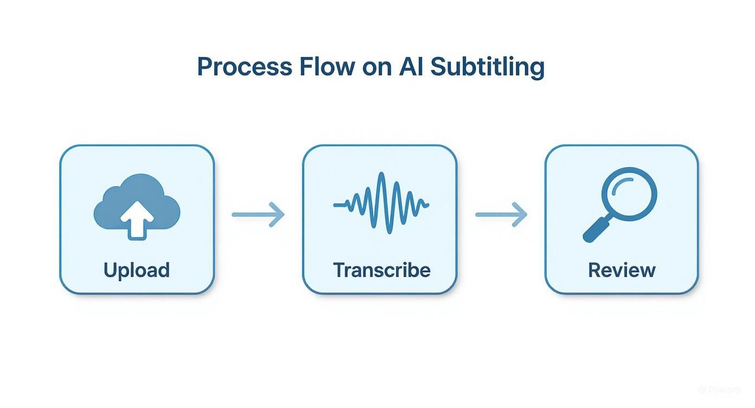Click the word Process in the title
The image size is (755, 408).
244,67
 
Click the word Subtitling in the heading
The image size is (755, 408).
487,67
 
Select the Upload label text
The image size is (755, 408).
137,270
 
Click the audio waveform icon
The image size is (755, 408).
381,203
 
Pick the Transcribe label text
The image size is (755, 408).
382,270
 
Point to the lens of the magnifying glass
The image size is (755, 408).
629,194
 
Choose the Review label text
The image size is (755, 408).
622,270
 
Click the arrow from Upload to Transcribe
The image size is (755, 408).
258,214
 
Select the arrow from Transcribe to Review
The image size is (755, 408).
501,214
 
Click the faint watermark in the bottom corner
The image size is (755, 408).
720,390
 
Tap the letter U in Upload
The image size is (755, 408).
110,270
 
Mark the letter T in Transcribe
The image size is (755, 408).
340,270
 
